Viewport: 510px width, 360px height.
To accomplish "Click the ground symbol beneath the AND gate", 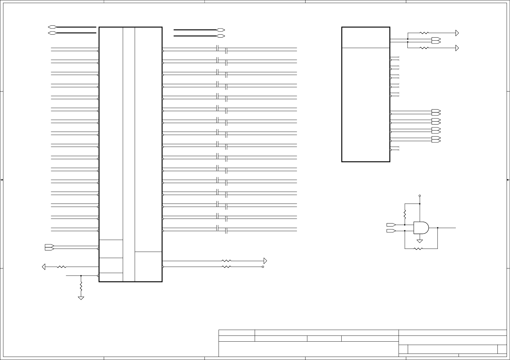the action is (420, 241).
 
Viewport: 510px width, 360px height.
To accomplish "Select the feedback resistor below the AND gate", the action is (418, 249).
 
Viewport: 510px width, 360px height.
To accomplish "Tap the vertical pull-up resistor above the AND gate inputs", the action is (405, 214).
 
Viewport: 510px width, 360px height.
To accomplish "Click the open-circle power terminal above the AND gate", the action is (420, 196).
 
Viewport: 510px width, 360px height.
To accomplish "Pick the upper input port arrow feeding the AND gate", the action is (391, 225).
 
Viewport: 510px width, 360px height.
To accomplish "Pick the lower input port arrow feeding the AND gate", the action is (391, 231).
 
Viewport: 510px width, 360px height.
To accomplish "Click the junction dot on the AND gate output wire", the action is (438, 228).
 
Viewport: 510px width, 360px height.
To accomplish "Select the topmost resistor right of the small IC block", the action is (424, 33).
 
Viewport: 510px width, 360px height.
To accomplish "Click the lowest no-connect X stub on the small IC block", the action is (399, 150).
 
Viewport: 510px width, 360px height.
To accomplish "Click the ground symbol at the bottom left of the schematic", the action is (81, 298).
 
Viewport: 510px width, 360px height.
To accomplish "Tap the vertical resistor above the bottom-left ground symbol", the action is (81, 287).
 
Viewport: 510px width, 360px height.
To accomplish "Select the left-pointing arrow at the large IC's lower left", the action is (44, 267).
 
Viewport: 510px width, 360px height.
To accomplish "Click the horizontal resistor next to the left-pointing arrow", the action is (62, 267).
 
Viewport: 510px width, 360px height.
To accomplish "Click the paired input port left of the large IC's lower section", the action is (49, 247).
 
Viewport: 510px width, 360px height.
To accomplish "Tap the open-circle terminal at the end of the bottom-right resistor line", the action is (263, 267).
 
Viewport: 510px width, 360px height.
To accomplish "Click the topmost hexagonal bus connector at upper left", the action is (52, 27).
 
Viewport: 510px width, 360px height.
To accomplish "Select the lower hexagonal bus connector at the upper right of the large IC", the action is (220, 36).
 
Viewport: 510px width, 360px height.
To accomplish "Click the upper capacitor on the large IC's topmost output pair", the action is (217, 48).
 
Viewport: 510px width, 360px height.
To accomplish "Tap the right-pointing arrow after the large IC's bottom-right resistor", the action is (265, 261).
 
